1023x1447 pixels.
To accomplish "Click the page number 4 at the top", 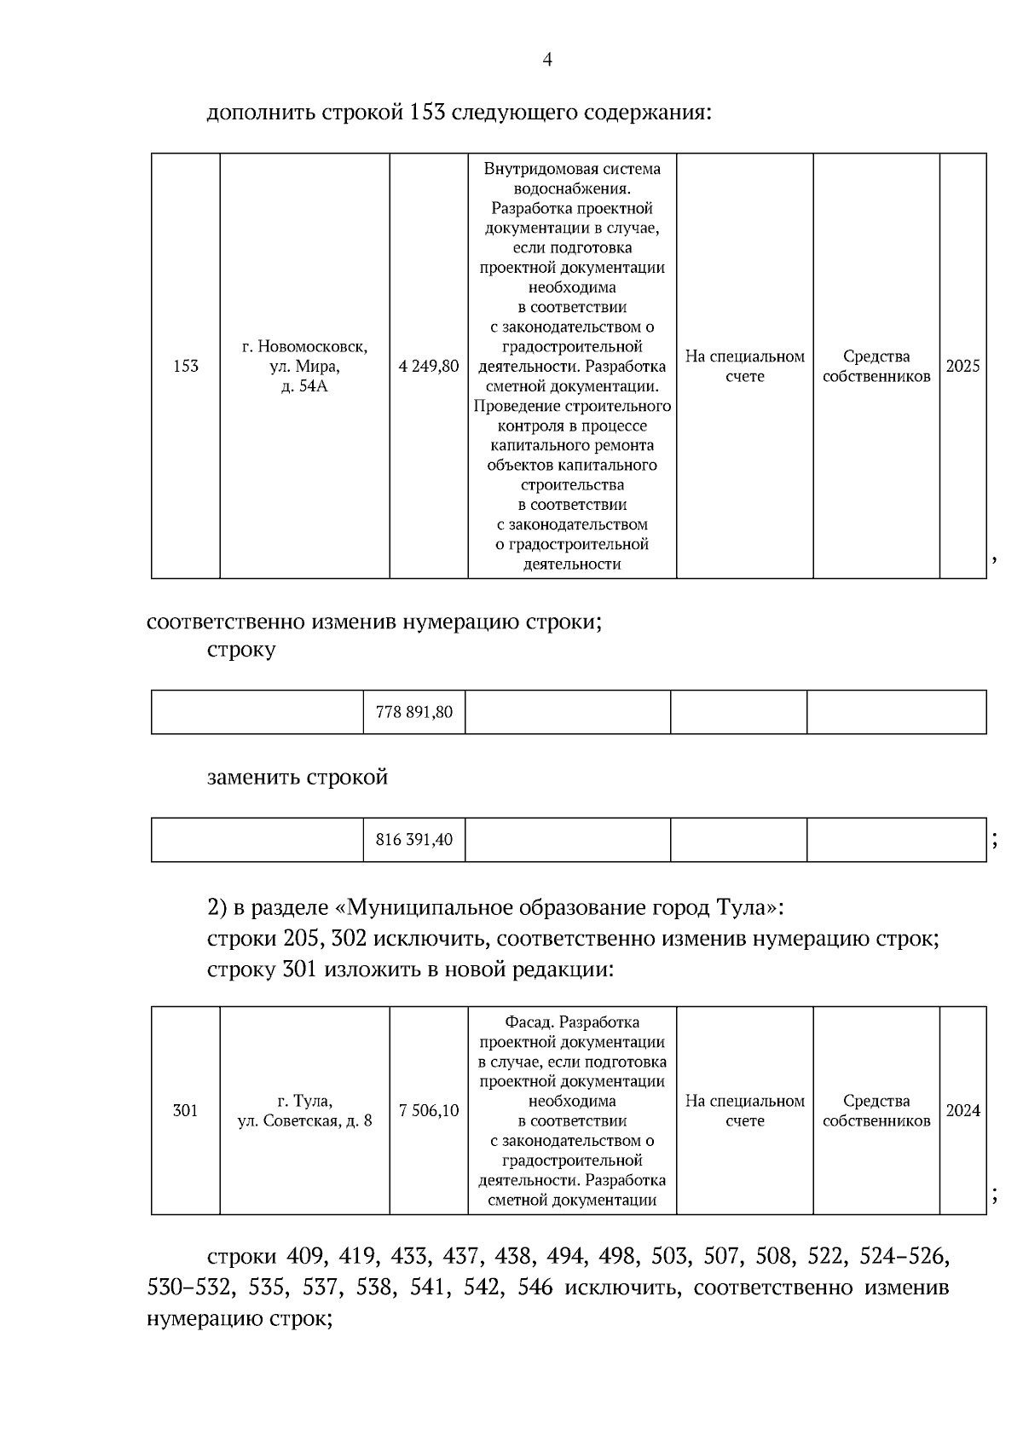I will click(x=547, y=60).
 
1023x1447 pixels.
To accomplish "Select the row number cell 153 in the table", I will click(x=185, y=367).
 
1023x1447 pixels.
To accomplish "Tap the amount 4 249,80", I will click(x=429, y=367).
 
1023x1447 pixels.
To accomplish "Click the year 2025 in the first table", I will click(x=963, y=367).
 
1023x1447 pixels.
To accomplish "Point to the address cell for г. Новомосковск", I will click(x=304, y=367).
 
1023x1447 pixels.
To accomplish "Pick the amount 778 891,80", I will click(x=414, y=712).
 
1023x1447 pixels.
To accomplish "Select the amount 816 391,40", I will click(x=414, y=840).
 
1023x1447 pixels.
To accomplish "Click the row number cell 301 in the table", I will click(x=185, y=1110).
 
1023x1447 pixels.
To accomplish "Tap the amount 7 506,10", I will click(x=429, y=1110).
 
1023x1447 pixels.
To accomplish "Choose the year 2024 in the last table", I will click(x=963, y=1110).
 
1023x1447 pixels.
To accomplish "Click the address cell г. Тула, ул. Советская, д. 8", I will click(x=304, y=1110).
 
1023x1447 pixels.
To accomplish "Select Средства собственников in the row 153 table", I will click(x=876, y=367).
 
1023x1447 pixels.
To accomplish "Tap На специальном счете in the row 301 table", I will click(x=744, y=1110).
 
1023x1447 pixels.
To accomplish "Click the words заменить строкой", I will click(x=298, y=778).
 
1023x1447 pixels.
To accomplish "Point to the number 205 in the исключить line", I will click(x=302, y=939).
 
